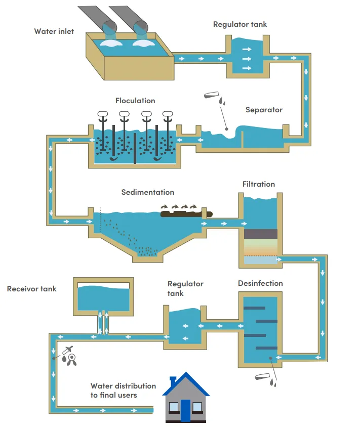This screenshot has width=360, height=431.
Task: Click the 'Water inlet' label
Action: click(54, 31)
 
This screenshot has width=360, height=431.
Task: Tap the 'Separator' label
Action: click(264, 110)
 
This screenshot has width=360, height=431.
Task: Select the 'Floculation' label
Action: click(135, 101)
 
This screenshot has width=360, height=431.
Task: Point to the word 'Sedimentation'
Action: click(148, 192)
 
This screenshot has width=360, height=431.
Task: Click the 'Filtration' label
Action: click(259, 184)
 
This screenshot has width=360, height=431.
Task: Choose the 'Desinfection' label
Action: click(260, 283)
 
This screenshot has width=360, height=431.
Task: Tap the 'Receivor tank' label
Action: click(31, 289)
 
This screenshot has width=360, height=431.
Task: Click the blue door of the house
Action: click(186, 410)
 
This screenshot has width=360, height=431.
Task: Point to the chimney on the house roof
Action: click(173, 381)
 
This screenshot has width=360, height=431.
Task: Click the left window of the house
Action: click(174, 407)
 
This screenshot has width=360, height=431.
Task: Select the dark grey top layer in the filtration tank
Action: click(261, 234)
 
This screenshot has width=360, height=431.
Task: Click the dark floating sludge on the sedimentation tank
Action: click(186, 214)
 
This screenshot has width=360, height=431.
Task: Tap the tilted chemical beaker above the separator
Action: click(211, 95)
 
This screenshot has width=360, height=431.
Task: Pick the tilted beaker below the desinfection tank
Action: click(262, 376)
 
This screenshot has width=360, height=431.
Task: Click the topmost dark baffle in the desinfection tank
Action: click(254, 308)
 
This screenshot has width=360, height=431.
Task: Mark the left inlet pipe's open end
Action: click(110, 27)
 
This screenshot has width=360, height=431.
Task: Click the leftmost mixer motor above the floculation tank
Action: click(103, 114)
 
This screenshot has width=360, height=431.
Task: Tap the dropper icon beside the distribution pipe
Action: click(68, 350)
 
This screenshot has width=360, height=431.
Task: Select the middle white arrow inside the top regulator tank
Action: click(247, 59)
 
